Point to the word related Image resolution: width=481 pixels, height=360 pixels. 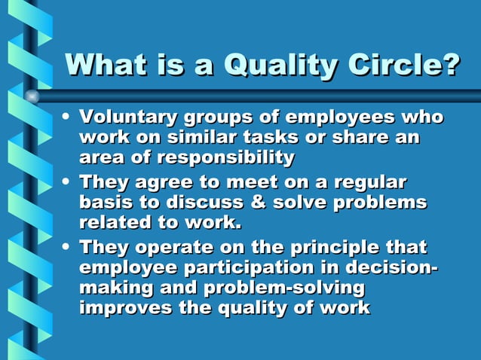(x=115, y=223)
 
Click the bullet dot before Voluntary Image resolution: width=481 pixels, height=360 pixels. (x=68, y=118)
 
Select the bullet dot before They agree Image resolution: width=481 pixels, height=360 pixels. (x=68, y=182)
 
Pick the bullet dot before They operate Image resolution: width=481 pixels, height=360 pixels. (x=68, y=247)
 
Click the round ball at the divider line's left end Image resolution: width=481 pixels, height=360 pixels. (x=32, y=96)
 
